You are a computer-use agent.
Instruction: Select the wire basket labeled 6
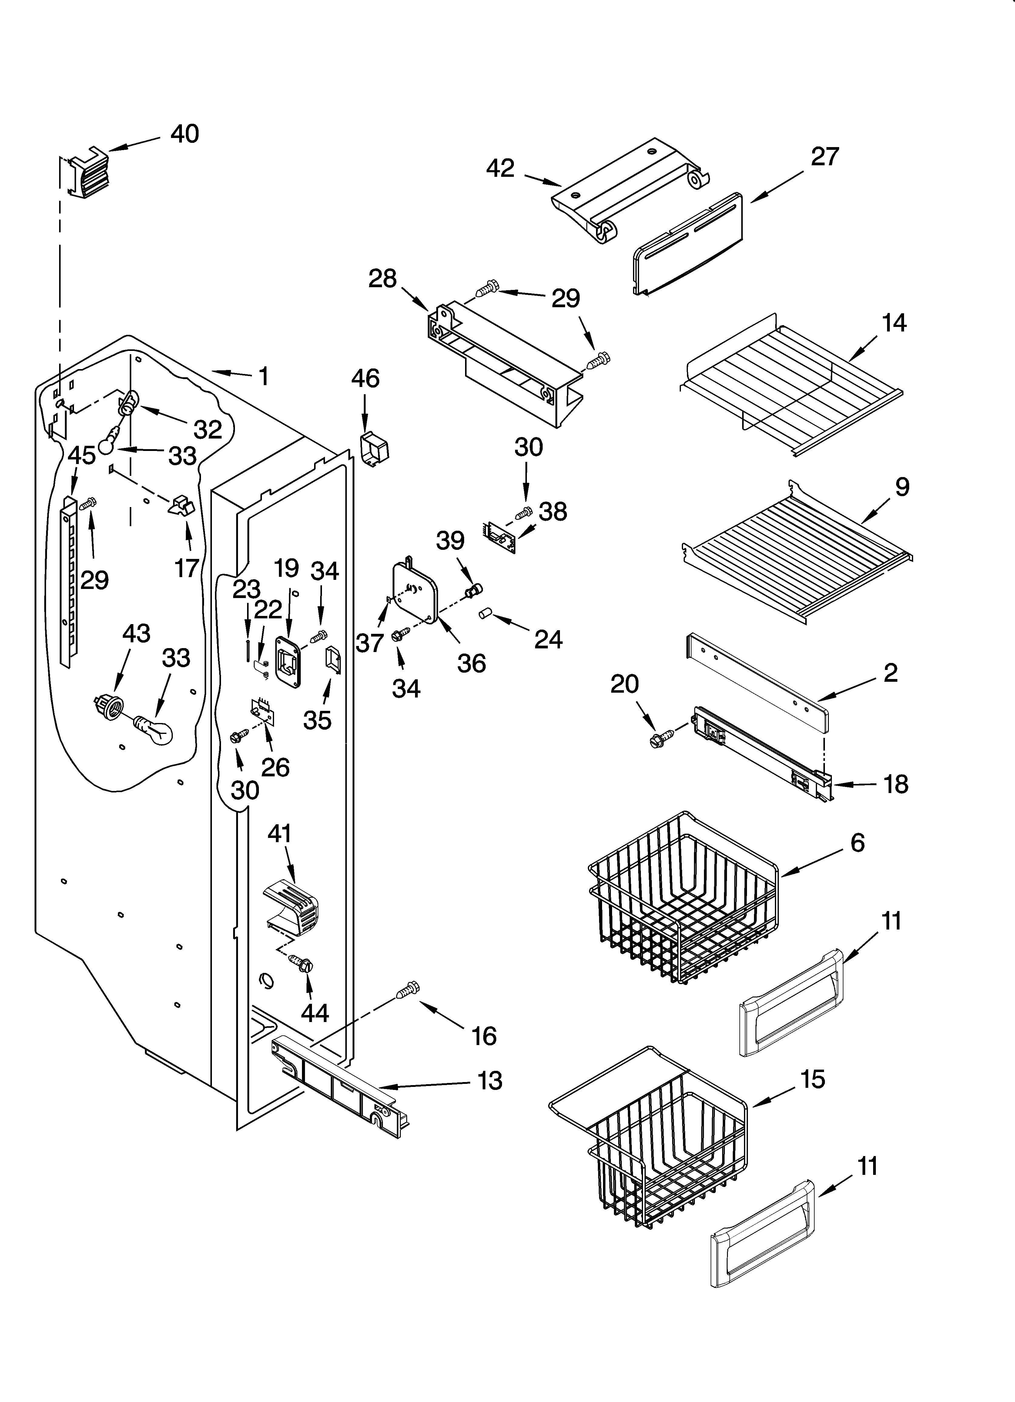pos(680,899)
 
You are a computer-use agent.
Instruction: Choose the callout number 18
pos(896,785)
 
